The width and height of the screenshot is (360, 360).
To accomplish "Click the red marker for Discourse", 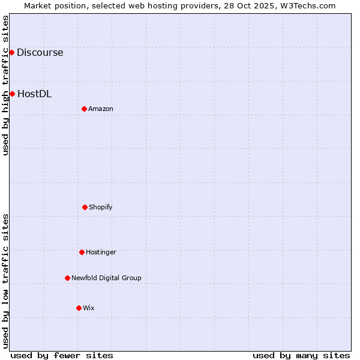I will tap(11, 52).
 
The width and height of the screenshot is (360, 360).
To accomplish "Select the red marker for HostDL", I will tap(12, 94).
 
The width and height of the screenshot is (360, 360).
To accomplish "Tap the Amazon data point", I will tap(84, 109).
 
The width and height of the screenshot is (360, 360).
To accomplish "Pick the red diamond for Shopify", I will tap(85, 207).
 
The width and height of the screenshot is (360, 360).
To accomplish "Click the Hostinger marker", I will tap(82, 252).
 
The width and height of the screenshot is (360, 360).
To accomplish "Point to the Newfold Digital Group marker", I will tap(67, 278).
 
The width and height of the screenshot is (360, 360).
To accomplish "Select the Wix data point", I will tap(79, 308).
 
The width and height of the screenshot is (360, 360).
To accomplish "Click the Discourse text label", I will tap(40, 52).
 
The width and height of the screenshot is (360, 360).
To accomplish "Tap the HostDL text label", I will tap(34, 94).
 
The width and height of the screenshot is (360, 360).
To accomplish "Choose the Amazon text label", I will tap(101, 109).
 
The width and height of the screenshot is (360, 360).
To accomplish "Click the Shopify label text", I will tap(101, 207).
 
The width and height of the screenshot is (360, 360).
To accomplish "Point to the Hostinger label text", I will tap(101, 252).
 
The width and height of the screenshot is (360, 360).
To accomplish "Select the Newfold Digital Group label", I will tap(106, 278).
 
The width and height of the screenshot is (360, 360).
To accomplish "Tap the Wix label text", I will tap(89, 308).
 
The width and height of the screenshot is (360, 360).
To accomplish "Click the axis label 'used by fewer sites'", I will tap(62, 355).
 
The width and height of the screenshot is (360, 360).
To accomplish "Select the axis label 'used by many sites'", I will tap(301, 355).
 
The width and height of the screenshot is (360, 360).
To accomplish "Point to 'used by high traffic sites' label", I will tap(6, 85).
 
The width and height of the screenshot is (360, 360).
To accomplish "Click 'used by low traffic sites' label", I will tap(6, 281).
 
